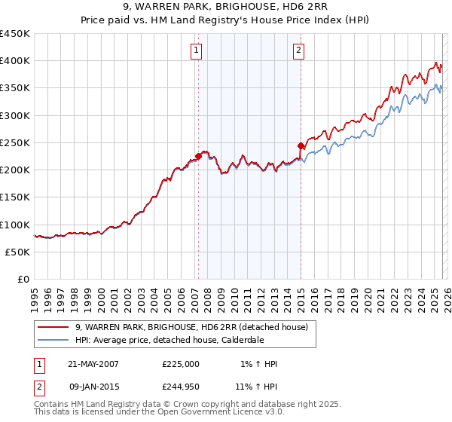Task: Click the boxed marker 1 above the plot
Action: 196,50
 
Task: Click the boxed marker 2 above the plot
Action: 298,50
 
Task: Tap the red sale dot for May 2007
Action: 198,156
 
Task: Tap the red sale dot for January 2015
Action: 301,145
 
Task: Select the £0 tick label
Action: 23,279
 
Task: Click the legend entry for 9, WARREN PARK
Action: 191,327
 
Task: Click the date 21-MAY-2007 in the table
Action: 93,364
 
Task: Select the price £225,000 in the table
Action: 181,364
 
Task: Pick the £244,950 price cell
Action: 181,387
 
